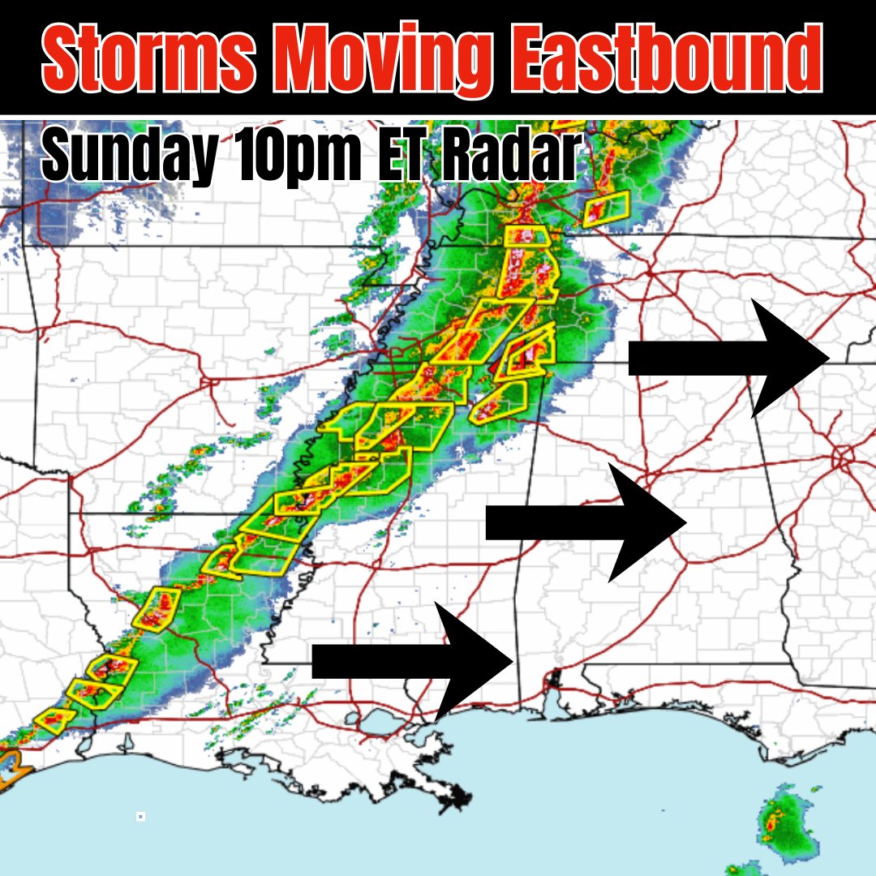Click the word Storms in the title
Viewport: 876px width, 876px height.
point(148,58)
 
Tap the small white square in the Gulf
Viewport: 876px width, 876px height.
point(140,816)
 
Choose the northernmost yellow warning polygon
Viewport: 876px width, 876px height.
point(607,208)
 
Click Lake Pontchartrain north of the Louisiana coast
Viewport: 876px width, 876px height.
point(376,721)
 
